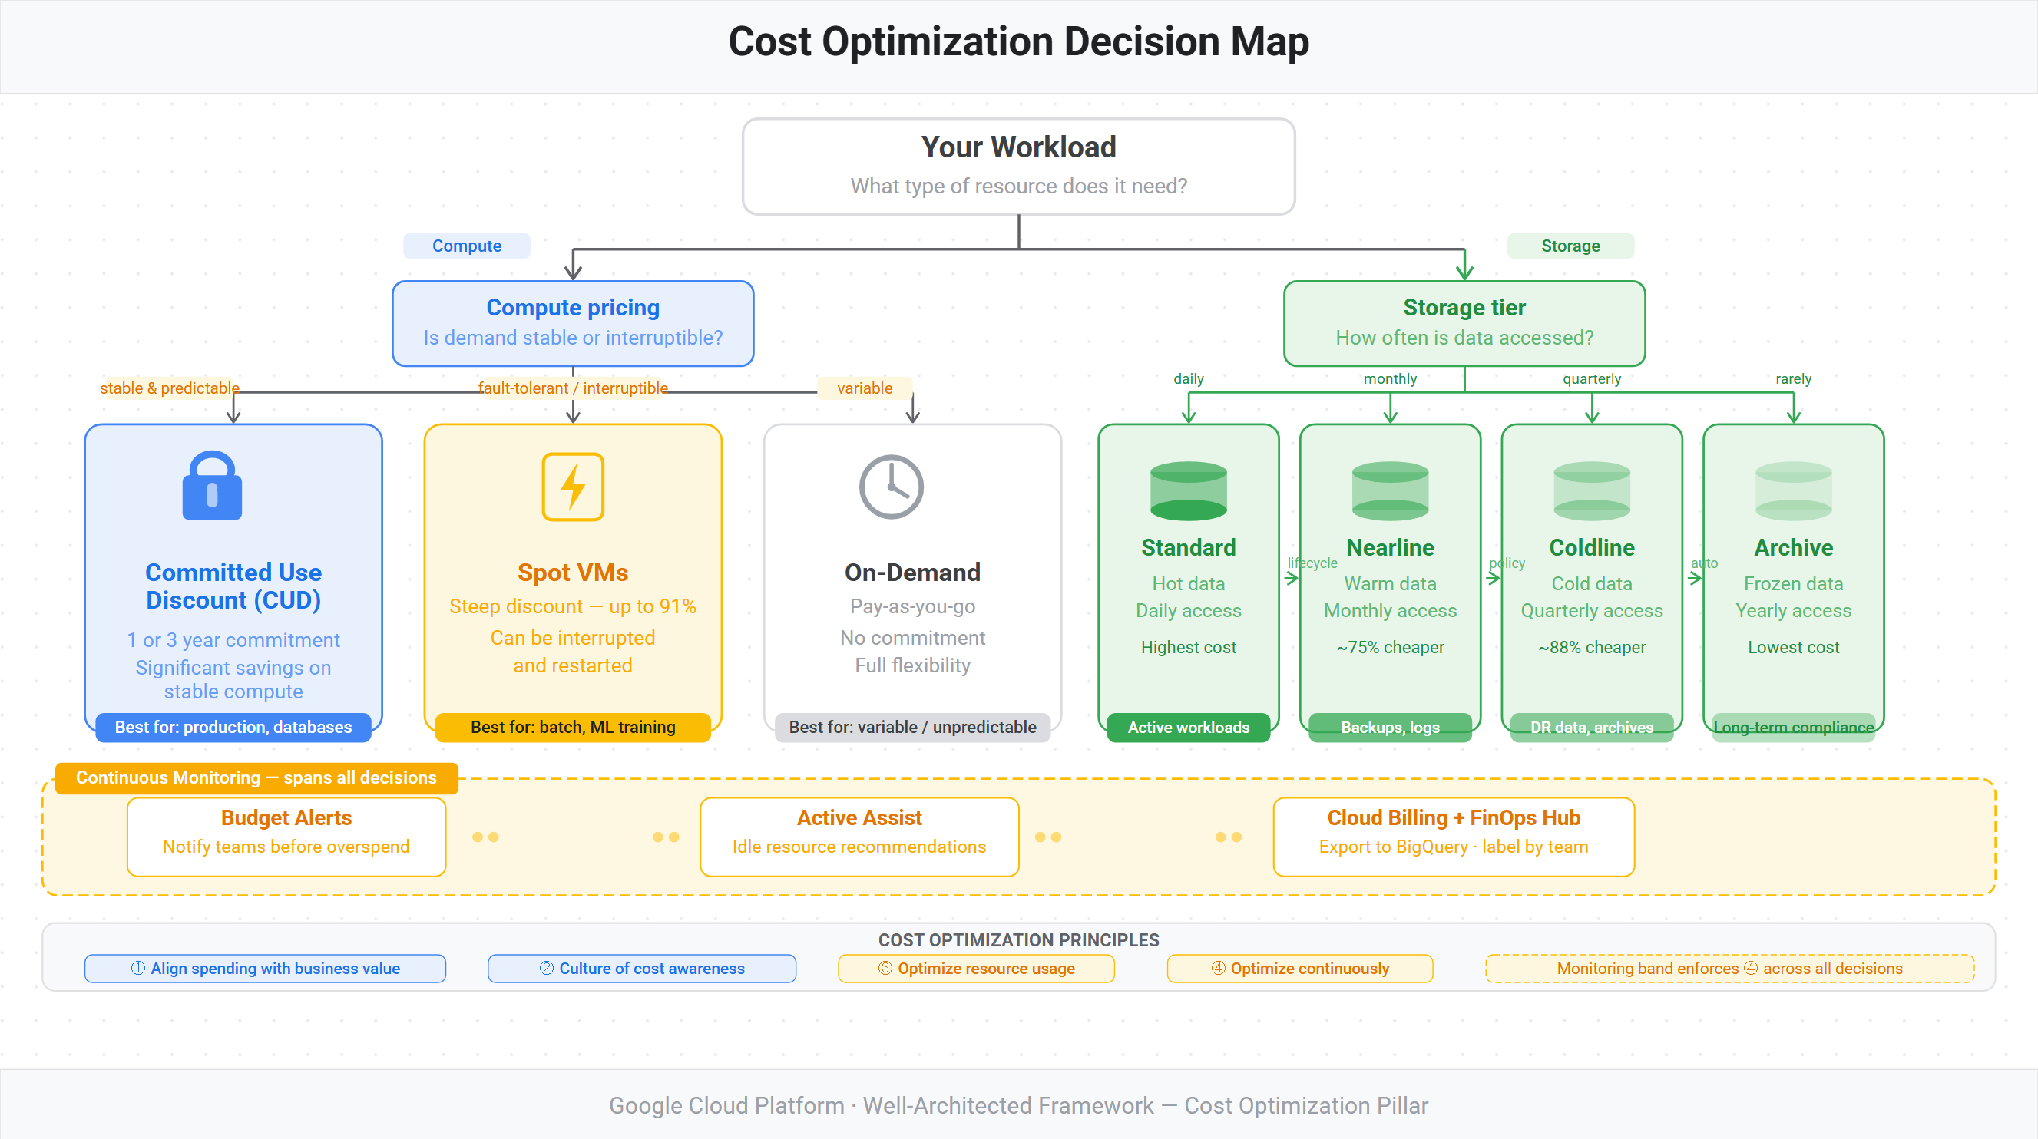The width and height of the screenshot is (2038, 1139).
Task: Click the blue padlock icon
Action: (x=212, y=486)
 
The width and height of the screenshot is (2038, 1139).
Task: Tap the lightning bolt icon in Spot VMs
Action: (x=573, y=487)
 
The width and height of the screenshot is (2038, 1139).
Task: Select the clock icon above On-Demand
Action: (x=892, y=487)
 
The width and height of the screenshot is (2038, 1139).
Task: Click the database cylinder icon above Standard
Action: (x=1188, y=490)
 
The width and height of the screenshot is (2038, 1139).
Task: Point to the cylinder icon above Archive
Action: (x=1794, y=490)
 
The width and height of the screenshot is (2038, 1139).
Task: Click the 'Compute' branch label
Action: (x=467, y=246)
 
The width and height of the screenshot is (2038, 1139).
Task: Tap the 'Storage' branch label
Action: (x=1570, y=246)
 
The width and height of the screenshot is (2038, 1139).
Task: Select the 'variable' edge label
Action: (x=865, y=388)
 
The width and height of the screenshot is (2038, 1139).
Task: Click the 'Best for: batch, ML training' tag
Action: (x=573, y=727)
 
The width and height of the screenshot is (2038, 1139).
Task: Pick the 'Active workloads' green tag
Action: (x=1188, y=727)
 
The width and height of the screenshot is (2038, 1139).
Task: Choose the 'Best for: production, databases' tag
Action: (x=233, y=727)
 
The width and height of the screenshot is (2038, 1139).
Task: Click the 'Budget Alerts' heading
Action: (x=286, y=818)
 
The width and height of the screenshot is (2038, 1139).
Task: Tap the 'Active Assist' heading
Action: (x=859, y=818)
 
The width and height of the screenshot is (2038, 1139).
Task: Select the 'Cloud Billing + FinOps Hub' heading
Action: (x=1454, y=818)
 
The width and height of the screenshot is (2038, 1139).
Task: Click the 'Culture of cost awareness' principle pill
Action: (x=642, y=968)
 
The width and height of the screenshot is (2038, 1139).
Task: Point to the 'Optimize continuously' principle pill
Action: (x=1300, y=968)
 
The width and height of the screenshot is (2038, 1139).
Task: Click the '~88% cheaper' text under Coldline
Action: (x=1592, y=647)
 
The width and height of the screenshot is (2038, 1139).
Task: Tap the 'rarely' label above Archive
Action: (x=1794, y=379)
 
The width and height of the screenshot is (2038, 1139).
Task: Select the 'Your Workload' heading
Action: (x=1018, y=147)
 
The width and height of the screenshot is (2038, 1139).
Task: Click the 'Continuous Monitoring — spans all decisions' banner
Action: (x=256, y=777)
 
